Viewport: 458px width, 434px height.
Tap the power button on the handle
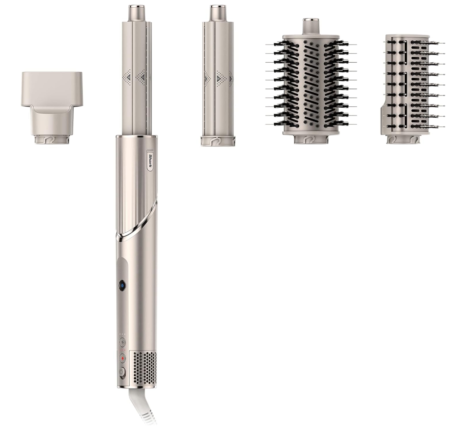coord(122,372)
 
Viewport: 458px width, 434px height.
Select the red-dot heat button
coord(122,358)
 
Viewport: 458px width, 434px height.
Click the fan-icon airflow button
coord(122,342)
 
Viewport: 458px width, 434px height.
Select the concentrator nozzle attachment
coord(52,108)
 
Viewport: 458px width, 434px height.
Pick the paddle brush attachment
coord(413,89)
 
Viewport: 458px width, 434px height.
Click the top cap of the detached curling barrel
coord(217,13)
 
